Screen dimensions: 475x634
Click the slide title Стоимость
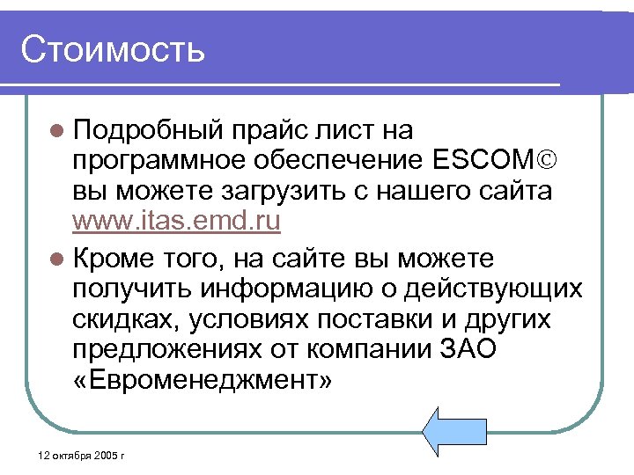pos(113,49)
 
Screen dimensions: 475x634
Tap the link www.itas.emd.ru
pos(176,221)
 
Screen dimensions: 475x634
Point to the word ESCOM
pos(483,161)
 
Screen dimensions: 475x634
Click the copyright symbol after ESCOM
pos(549,161)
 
